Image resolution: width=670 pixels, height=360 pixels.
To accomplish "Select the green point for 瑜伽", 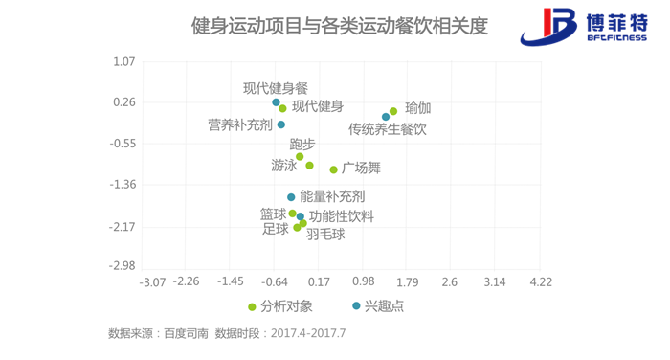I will coord(393,111).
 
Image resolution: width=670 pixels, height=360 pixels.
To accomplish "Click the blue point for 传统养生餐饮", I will coord(386,117).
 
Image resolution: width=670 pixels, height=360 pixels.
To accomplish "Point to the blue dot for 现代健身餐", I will coord(276,102).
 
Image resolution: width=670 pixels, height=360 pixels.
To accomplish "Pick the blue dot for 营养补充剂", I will coord(281,124).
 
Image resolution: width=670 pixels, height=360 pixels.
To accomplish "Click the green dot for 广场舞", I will coord(334,169).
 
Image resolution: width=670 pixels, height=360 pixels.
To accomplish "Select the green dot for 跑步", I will coord(300,157).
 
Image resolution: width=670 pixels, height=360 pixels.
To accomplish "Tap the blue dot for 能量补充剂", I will coord(291,197).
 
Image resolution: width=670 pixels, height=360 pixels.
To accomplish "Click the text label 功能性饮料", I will coord(342,216).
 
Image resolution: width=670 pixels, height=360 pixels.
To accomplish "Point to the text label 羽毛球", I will coord(325,234).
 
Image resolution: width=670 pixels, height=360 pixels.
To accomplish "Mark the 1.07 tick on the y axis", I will coord(125,61).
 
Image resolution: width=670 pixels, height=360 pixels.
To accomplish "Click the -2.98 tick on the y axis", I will coord(123,266).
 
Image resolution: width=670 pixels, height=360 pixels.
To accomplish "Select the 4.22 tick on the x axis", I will coord(541,282).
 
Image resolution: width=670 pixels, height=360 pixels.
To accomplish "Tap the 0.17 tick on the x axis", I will coord(319,282).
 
